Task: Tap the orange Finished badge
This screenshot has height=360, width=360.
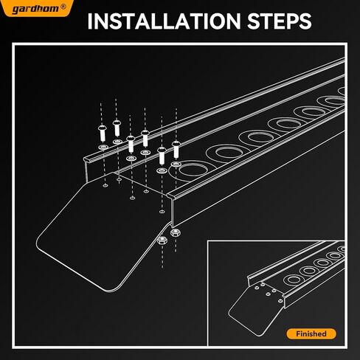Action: [311, 333]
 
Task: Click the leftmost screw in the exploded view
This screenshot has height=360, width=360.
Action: [102, 134]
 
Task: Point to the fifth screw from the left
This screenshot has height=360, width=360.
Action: [162, 153]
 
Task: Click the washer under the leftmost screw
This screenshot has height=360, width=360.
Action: [102, 148]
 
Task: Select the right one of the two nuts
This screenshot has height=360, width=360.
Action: [176, 233]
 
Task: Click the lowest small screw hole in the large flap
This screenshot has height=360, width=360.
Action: [162, 208]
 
